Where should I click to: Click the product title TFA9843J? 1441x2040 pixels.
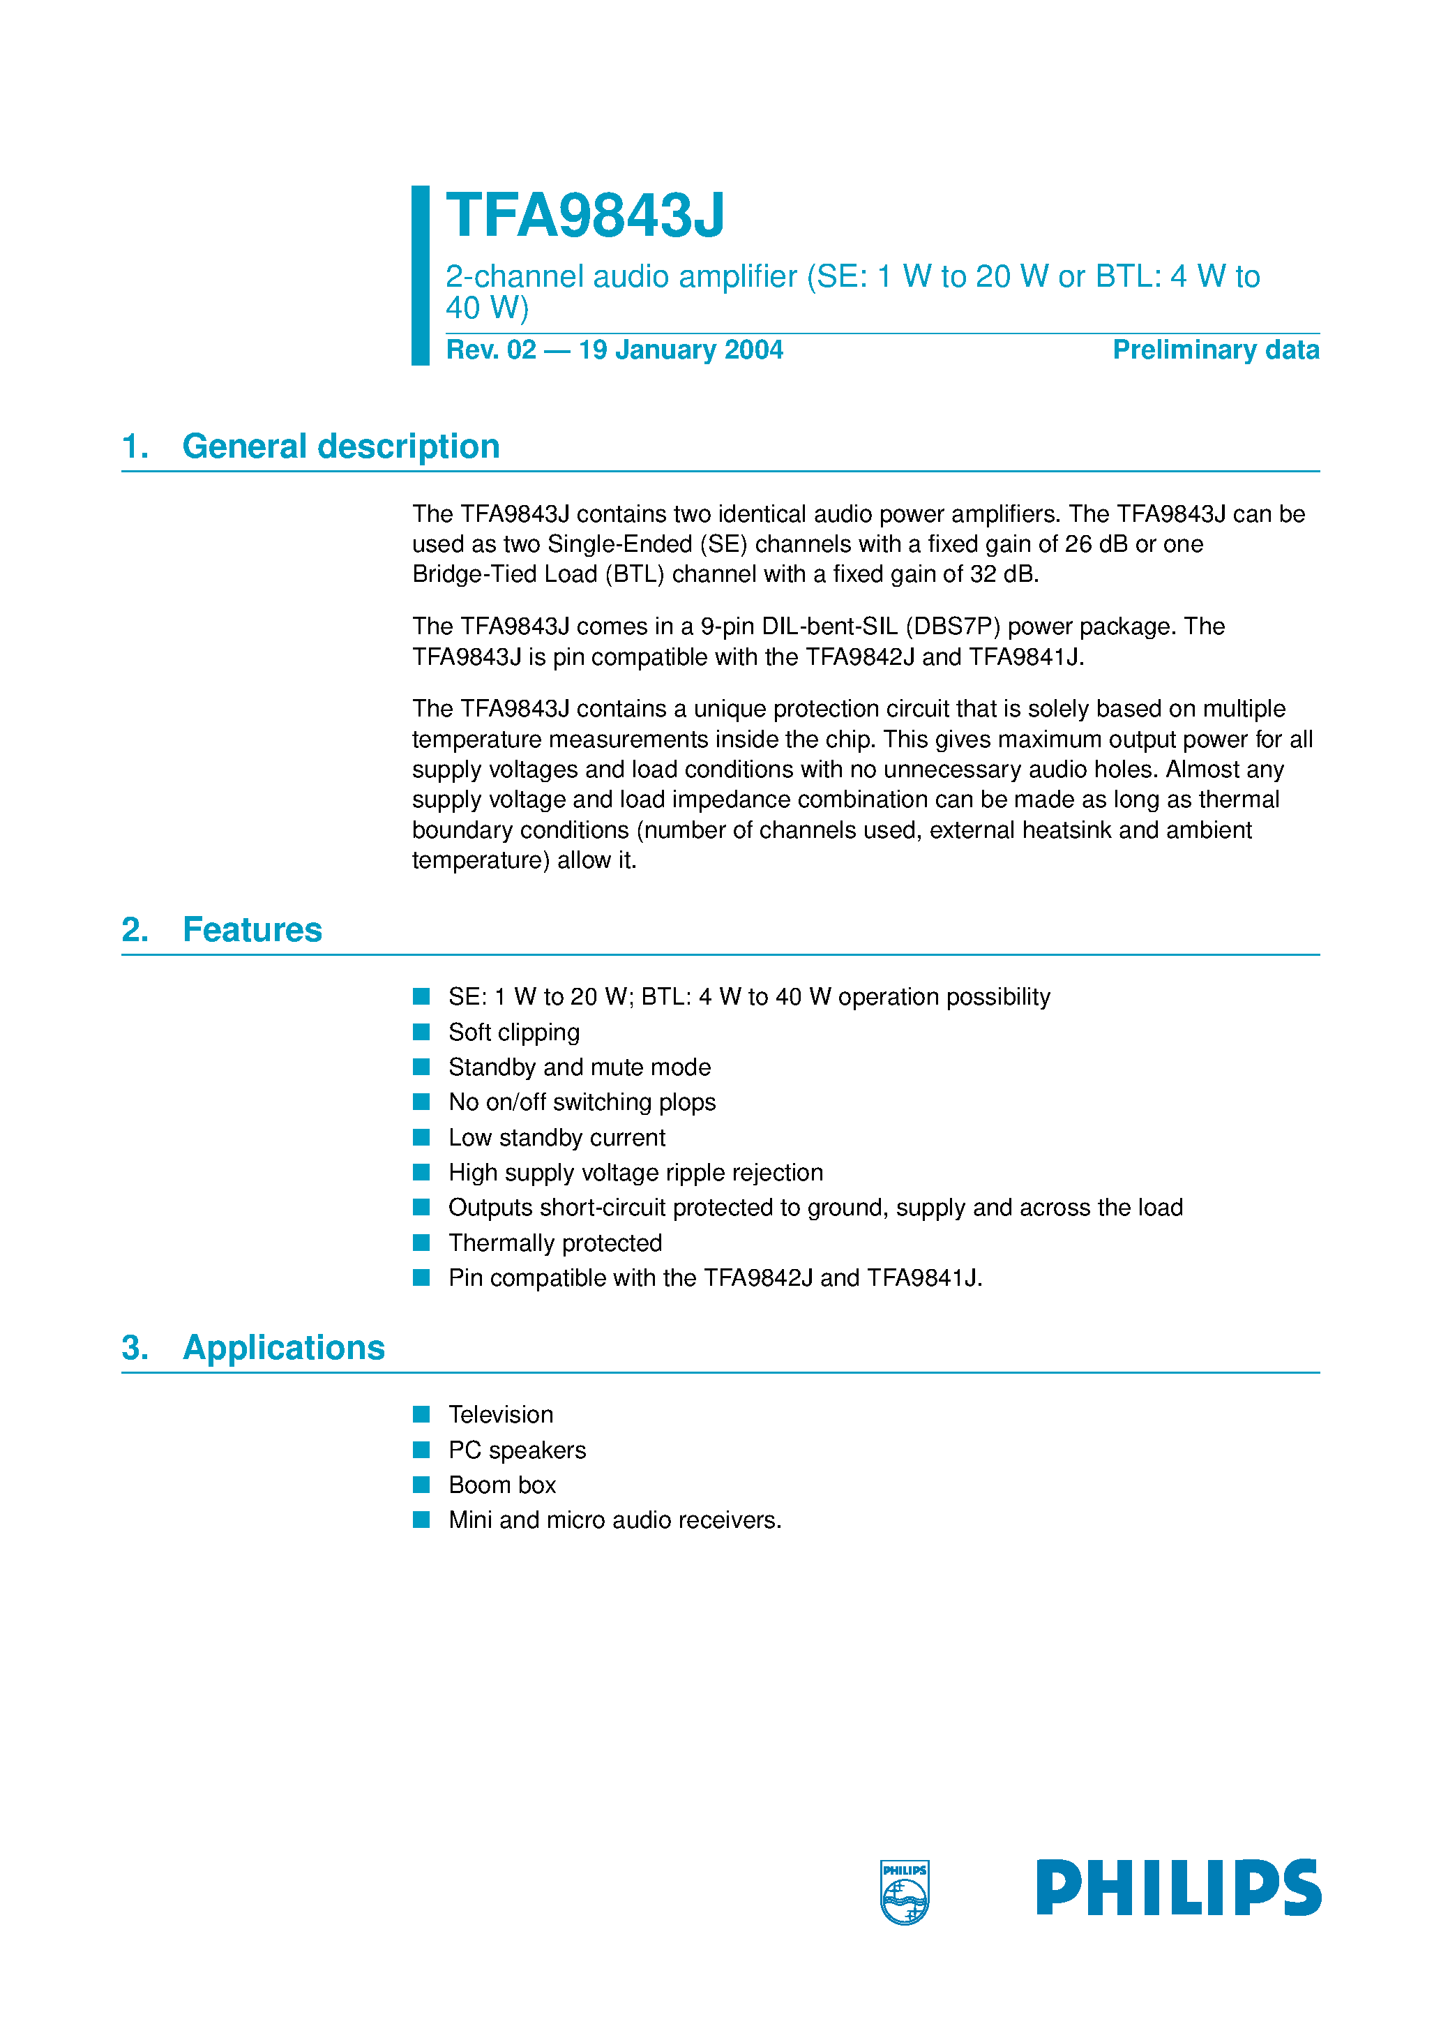click(x=584, y=216)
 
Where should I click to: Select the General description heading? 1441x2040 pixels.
click(x=340, y=446)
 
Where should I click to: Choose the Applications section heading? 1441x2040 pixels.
click(x=283, y=1347)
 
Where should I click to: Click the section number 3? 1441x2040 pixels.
click(x=134, y=1347)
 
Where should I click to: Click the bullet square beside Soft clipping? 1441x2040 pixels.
click(x=421, y=1032)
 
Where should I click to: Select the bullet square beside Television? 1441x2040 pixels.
click(x=421, y=1413)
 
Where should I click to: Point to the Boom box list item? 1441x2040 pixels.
click(x=502, y=1485)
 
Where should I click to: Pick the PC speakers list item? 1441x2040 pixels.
click(x=517, y=1450)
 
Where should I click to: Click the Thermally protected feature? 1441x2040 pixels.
click(x=555, y=1242)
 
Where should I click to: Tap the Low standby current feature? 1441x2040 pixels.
click(x=557, y=1137)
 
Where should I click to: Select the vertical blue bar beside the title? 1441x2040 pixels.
click(x=420, y=276)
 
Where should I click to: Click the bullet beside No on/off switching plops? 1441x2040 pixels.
click(x=421, y=1102)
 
